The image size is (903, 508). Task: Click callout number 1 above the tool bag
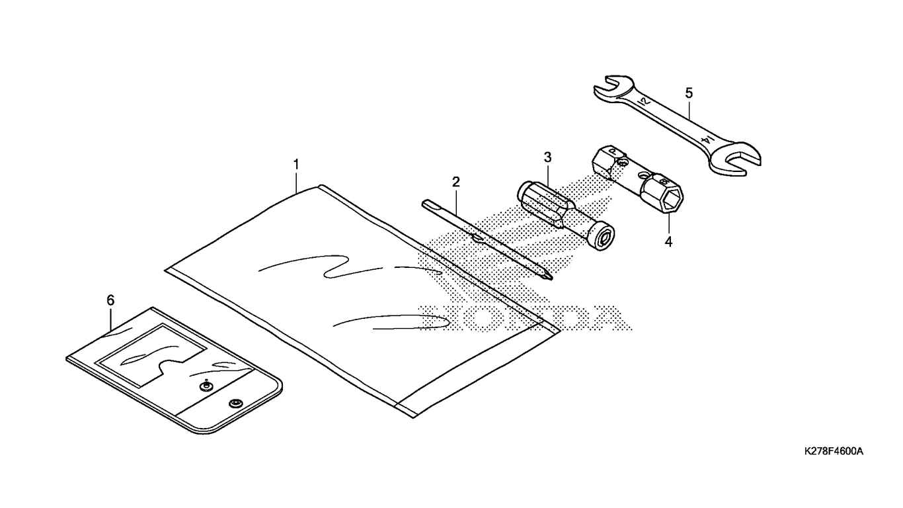pos(296,165)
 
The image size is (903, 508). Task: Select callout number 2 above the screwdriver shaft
pos(456,182)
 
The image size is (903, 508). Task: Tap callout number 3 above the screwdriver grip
pos(547,157)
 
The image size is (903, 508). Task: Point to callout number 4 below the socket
pos(668,241)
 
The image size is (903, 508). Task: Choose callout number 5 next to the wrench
pos(689,93)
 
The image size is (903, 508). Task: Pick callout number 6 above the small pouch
pos(110,300)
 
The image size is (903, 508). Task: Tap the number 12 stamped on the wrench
pos(644,101)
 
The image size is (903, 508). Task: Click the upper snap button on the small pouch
pos(206,386)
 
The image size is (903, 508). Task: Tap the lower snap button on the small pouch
pos(235,403)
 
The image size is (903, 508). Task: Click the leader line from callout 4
pos(668,224)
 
